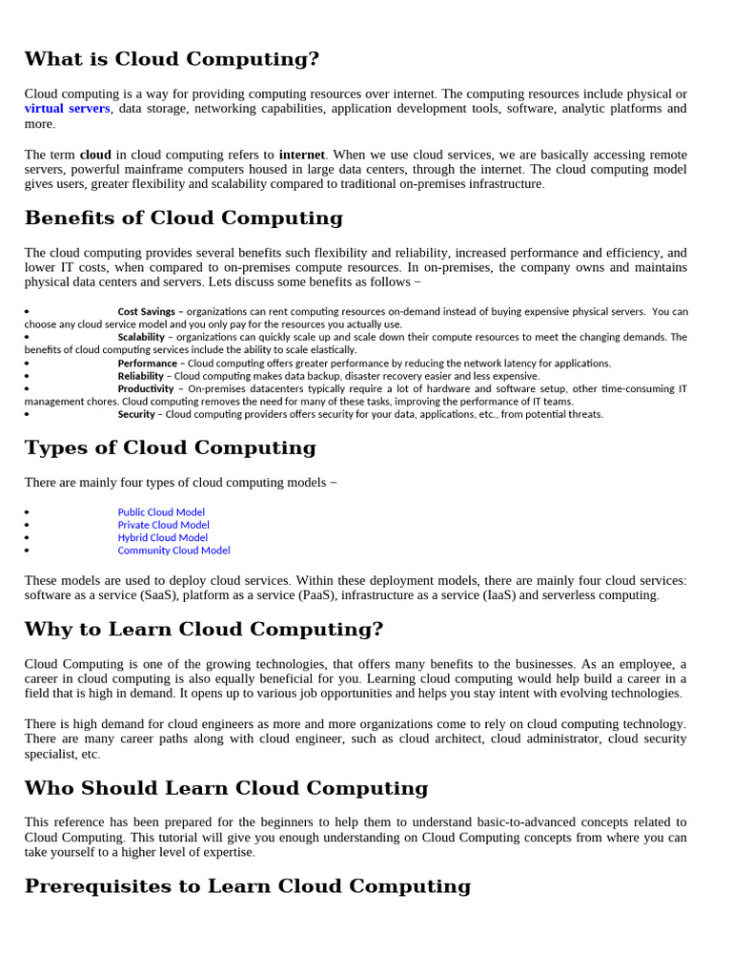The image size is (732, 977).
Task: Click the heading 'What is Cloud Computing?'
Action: click(x=172, y=59)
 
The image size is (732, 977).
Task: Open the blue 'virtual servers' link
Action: click(x=68, y=109)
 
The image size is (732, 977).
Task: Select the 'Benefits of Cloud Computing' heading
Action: click(x=183, y=218)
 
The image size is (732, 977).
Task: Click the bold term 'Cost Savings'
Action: click(x=146, y=312)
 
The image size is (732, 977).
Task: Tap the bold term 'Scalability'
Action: click(x=141, y=338)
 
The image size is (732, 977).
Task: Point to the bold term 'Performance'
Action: click(x=147, y=364)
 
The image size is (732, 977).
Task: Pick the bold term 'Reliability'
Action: click(x=140, y=376)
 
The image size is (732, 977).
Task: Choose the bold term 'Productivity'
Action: click(x=145, y=389)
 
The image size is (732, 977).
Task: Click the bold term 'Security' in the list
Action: click(x=136, y=414)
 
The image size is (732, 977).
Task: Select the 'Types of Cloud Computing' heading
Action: click(x=170, y=447)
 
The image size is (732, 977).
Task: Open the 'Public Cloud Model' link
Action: click(x=161, y=512)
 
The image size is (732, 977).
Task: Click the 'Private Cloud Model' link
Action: click(x=163, y=525)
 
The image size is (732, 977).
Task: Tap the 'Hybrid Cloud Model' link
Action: click(x=162, y=537)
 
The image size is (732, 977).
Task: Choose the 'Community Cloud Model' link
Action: click(x=173, y=551)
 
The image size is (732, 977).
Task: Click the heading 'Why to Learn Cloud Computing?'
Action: click(x=204, y=630)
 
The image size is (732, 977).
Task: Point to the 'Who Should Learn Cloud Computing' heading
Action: click(x=226, y=788)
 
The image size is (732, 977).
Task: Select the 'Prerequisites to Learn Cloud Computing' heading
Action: click(x=247, y=886)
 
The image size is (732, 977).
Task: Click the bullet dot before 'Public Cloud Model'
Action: click(x=28, y=513)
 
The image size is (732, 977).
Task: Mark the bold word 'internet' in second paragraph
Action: click(x=301, y=155)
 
